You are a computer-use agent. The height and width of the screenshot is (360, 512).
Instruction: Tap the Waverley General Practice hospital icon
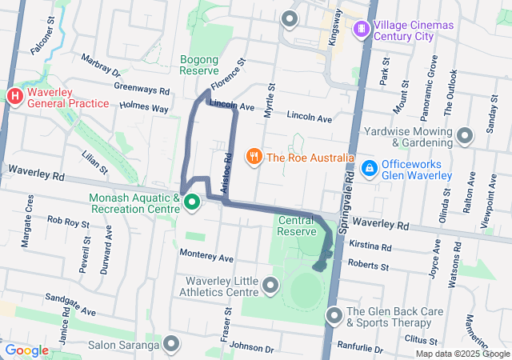pyautogui.click(x=14, y=97)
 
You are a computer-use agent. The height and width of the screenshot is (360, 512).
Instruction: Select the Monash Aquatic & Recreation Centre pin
pyautogui.click(x=192, y=203)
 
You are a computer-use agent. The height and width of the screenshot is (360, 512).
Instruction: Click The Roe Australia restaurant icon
pyautogui.click(x=254, y=157)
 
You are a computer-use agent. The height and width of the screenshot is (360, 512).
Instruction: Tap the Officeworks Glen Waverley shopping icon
pyautogui.click(x=369, y=168)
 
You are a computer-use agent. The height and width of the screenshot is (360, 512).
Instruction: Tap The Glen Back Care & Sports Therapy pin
pyautogui.click(x=334, y=317)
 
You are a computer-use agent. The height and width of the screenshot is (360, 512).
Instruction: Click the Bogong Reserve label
pyautogui.click(x=199, y=65)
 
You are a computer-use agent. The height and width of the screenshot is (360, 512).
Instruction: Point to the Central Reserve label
pyautogui.click(x=297, y=225)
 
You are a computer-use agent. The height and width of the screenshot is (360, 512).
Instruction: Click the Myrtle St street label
pyautogui.click(x=271, y=98)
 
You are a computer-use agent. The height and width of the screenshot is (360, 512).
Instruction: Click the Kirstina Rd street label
pyautogui.click(x=370, y=247)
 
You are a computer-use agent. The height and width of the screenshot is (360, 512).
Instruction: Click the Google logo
pyautogui.click(x=27, y=350)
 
